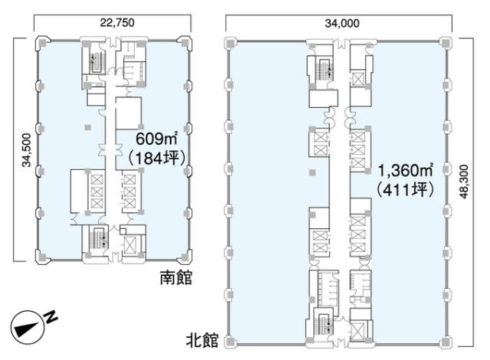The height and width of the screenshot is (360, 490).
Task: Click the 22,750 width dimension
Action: coord(117,22)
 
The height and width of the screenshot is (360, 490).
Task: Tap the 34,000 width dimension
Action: coord(342,23)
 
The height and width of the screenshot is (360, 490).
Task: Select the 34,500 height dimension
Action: coord(27,150)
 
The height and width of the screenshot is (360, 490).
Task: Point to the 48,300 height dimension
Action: coord(465,182)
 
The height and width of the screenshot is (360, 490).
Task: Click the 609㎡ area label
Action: coord(156,139)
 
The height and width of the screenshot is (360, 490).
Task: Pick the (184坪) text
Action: coord(157,158)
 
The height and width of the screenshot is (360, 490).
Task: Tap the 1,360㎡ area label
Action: coord(405,170)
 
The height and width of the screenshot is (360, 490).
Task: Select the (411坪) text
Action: coord(405,190)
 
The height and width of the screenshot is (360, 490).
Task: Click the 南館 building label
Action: coord(176,277)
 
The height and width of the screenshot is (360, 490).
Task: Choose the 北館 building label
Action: coord(202,340)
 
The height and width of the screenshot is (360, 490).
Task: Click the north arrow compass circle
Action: coord(28,328)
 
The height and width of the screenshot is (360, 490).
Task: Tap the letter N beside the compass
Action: coord(51,317)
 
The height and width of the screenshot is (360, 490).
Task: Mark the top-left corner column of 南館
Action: coord(43,43)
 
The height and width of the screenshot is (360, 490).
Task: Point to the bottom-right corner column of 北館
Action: coord(445,342)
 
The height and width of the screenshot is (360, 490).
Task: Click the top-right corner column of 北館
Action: coord(445,41)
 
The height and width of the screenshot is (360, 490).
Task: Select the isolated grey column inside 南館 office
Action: coord(88,127)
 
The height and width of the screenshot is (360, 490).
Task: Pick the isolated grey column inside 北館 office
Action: coord(312,172)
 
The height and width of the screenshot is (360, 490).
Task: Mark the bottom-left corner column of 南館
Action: coord(43,257)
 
